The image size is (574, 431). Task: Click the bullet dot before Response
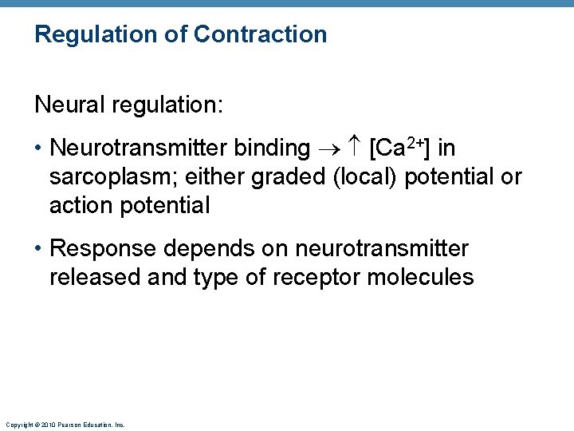(39, 249)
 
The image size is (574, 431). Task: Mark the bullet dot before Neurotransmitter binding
(39, 148)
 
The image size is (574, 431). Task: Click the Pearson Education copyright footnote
(65, 425)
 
